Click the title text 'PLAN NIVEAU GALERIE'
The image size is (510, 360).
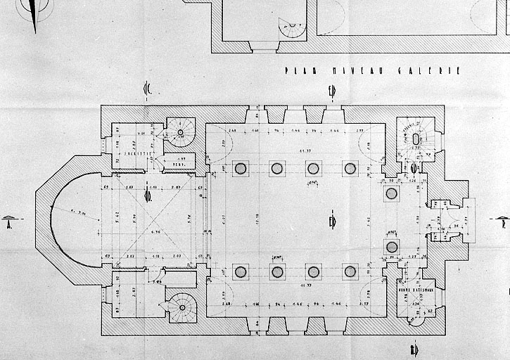click(373, 71)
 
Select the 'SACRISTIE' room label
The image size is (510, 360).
click(133, 151)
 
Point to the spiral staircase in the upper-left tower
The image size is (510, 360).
click(181, 132)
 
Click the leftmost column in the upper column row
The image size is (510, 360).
click(241, 168)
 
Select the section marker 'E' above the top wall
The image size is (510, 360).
click(331, 89)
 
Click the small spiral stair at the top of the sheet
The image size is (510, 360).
click(291, 29)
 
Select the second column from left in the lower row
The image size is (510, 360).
click(277, 271)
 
